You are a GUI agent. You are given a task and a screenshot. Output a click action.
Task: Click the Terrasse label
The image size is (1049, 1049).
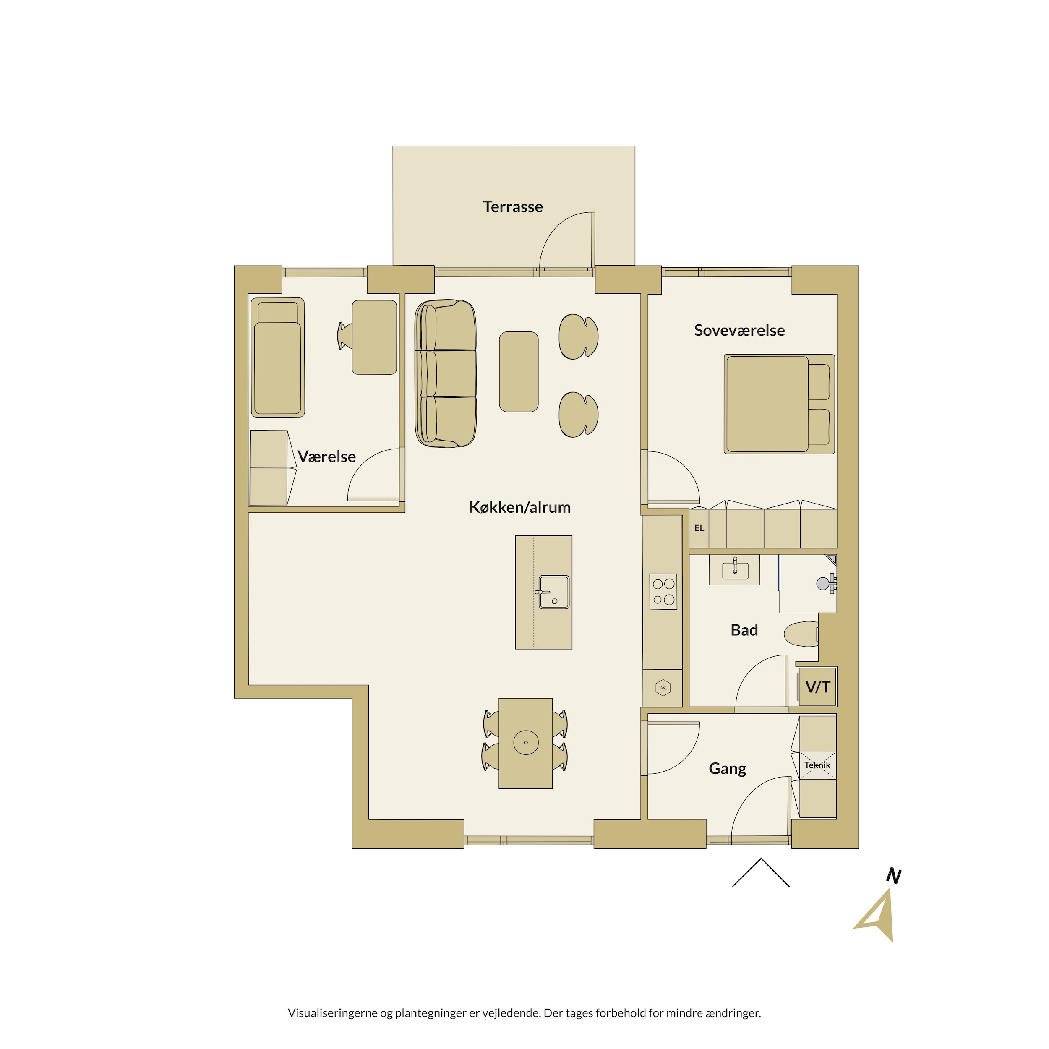tap(513, 207)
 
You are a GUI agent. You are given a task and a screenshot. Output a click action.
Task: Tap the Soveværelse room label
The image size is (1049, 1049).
tap(739, 331)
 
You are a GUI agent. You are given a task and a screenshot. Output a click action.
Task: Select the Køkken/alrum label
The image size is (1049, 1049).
tap(519, 507)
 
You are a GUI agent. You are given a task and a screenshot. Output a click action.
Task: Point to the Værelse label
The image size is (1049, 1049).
tap(326, 457)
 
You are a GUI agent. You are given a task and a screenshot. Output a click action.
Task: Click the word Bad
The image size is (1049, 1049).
tap(744, 630)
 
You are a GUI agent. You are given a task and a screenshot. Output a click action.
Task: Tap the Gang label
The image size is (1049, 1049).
tap(727, 769)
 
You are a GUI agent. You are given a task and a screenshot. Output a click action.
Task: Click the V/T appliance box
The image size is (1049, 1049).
tap(817, 687)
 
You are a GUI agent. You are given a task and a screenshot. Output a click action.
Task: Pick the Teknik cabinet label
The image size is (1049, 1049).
tap(817, 765)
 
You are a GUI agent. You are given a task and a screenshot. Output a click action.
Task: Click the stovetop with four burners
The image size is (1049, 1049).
tap(663, 591)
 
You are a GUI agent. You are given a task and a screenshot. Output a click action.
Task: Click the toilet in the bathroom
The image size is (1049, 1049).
tap(802, 634)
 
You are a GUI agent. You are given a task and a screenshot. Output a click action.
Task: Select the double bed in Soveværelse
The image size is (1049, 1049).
tap(779, 404)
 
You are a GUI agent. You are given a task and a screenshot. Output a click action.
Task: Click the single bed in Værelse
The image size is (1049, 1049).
tap(277, 357)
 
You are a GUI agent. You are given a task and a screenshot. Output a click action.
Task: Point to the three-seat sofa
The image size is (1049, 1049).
tap(445, 373)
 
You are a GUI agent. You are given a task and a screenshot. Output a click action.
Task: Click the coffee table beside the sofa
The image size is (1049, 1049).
tap(519, 372)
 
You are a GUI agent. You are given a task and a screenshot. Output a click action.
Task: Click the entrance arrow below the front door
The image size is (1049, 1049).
tap(761, 872)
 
